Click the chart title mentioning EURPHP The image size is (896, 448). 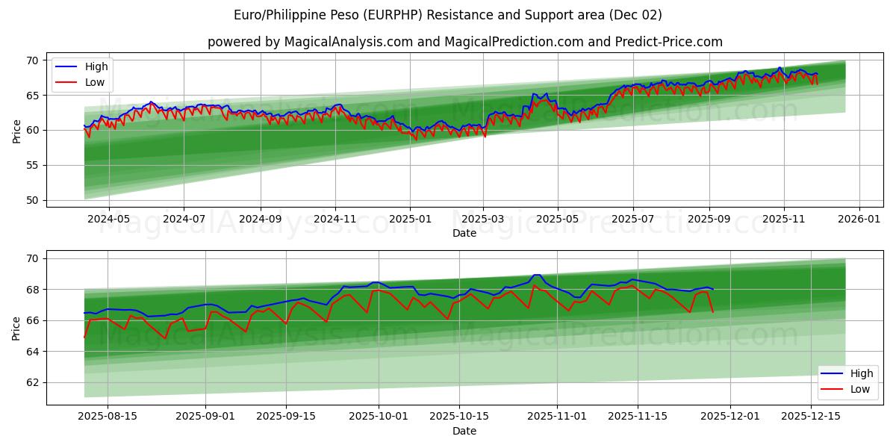point(447,15)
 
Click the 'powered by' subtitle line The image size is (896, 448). point(464,42)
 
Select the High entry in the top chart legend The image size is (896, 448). point(96,66)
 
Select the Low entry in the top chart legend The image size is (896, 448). point(95,82)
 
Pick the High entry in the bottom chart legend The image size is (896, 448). point(862,373)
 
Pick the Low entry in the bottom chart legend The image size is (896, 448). point(860,389)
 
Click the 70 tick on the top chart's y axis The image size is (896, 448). point(33,60)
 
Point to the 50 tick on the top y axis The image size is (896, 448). point(33,200)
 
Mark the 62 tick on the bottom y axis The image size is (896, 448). point(33,382)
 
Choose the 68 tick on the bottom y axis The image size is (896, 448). point(33,290)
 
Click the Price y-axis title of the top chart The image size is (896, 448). point(16,131)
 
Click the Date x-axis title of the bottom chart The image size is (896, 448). point(464,431)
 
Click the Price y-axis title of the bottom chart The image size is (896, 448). point(16,328)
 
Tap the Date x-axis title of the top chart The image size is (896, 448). point(464,233)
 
